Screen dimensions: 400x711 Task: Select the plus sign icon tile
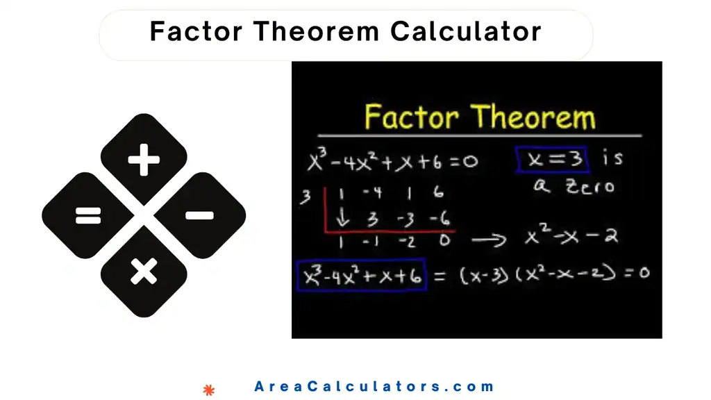tap(144, 161)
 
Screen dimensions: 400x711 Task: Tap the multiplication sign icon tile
tap(144, 271)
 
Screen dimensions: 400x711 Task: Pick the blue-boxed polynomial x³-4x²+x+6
tap(360, 275)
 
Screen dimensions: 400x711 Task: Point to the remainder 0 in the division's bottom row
tap(444, 241)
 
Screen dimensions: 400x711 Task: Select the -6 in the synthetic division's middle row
tap(438, 219)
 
